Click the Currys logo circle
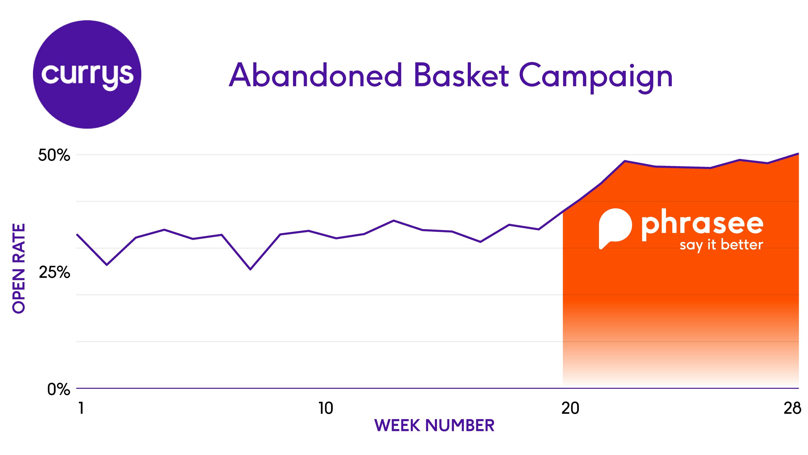click(87, 74)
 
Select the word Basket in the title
click(461, 75)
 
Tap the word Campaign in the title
click(596, 77)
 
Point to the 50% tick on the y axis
click(54, 155)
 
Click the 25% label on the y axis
click(54, 272)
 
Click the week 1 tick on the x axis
click(81, 408)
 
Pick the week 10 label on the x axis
click(326, 408)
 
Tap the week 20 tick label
click(570, 408)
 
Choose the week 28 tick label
click(792, 408)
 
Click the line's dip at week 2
click(107, 265)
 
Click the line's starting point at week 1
click(78, 235)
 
